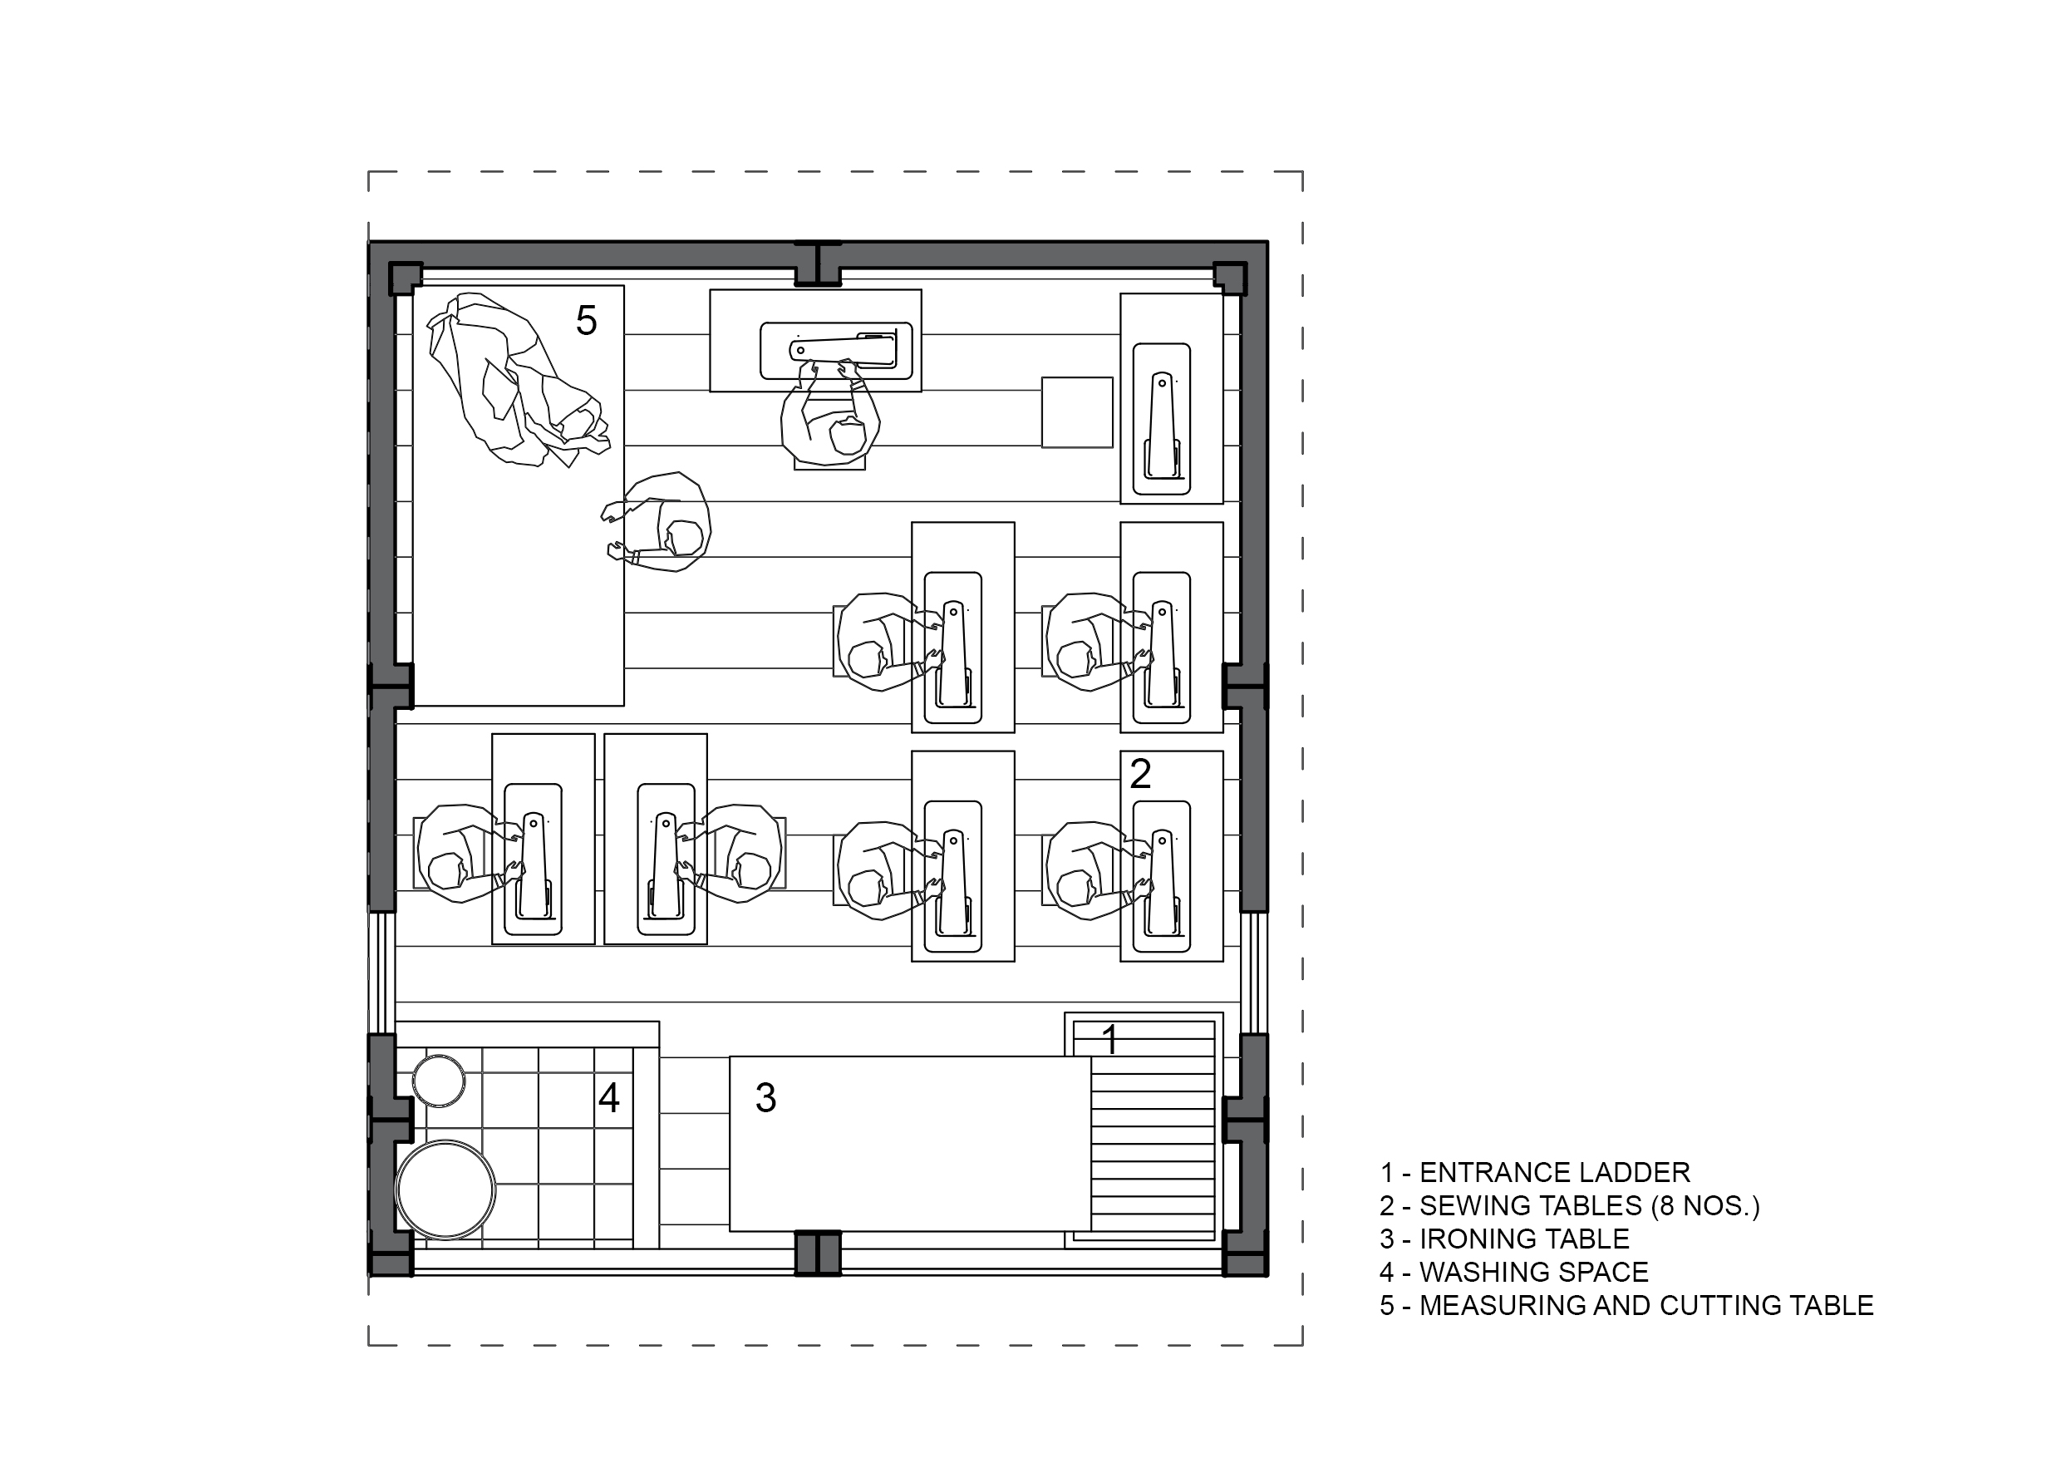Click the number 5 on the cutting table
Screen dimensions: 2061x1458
586,321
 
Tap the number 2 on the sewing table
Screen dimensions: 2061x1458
1140,774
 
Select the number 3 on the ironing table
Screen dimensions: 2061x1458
765,1097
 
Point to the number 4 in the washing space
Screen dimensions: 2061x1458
608,1097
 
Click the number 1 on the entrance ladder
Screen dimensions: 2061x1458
1110,1040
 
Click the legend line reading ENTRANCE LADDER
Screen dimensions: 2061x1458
1535,1173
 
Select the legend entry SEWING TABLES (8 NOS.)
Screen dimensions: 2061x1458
1570,1206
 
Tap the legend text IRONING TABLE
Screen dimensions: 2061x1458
1504,1239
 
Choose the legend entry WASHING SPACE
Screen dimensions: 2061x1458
1514,1272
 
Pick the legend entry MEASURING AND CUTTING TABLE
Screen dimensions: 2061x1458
1626,1305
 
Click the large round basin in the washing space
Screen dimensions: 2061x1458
446,1190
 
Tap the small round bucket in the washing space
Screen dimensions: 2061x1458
439,1081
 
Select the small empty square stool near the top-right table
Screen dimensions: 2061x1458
1077,412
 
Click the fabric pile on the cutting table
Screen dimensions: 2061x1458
518,379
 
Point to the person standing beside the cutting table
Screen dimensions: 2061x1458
660,523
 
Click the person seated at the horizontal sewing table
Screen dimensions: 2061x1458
829,414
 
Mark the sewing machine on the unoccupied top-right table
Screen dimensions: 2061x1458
1163,418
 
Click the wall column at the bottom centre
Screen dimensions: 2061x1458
818,1253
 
